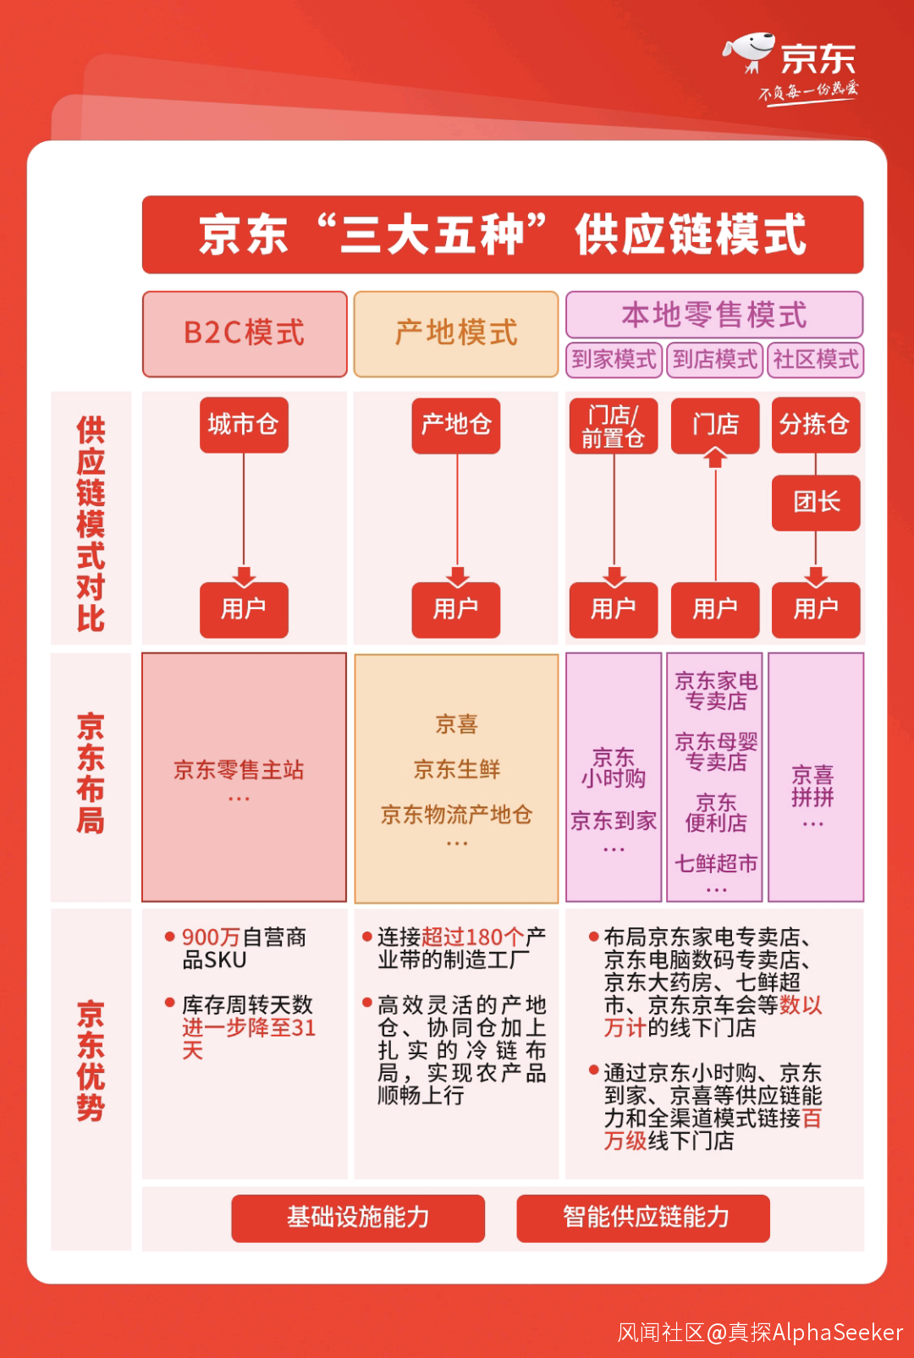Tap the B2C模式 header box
(245, 333)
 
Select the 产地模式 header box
(456, 333)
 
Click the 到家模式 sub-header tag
(614, 360)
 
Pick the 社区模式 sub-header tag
(816, 360)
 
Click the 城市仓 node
(244, 425)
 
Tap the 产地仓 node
(456, 425)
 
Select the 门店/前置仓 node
(614, 426)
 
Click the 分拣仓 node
(816, 425)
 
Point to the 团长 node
(816, 503)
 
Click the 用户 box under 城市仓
(244, 609)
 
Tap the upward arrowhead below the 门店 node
(716, 459)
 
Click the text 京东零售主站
(239, 770)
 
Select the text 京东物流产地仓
(456, 815)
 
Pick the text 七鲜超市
(716, 864)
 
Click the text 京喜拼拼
(812, 786)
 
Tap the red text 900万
(212, 937)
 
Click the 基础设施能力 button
(358, 1218)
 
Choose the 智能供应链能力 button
(643, 1218)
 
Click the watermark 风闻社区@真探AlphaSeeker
(760, 1333)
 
